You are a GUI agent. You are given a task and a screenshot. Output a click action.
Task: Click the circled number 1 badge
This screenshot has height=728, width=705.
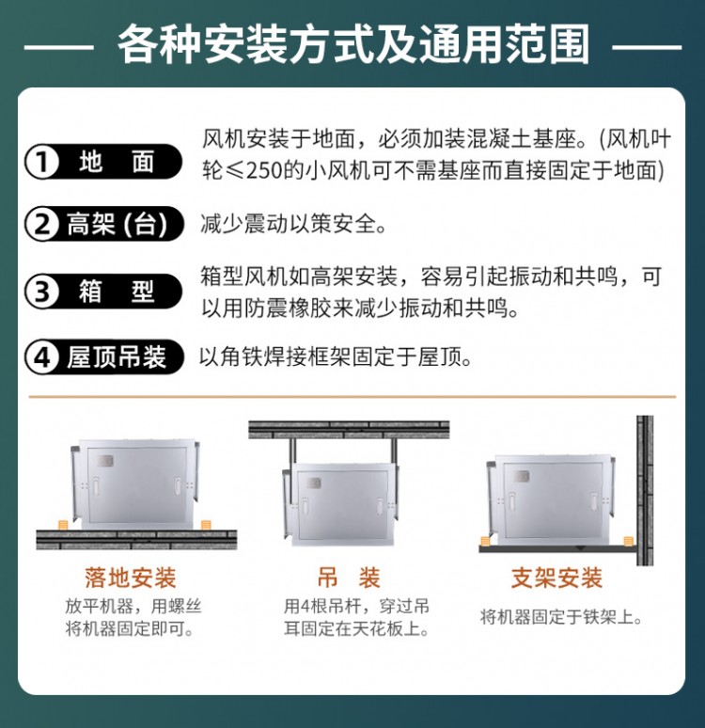click(x=42, y=162)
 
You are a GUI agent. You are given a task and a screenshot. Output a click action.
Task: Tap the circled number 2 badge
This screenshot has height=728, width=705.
click(x=42, y=224)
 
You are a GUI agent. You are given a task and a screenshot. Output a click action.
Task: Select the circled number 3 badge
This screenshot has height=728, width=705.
click(x=42, y=292)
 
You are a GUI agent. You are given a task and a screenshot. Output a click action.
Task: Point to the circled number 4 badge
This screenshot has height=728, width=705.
click(x=42, y=357)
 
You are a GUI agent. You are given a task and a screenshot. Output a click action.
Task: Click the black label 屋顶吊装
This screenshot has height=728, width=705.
click(x=116, y=357)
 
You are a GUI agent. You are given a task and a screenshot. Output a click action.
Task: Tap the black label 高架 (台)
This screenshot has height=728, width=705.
click(x=117, y=224)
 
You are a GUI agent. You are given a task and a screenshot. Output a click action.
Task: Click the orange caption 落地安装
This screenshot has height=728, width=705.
click(x=131, y=578)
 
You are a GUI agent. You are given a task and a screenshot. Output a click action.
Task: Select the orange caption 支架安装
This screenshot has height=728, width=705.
click(x=556, y=578)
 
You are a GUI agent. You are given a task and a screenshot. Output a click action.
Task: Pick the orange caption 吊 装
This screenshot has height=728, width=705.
click(x=349, y=578)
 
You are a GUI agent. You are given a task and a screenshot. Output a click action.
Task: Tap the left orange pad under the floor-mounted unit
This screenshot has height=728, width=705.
click(x=63, y=526)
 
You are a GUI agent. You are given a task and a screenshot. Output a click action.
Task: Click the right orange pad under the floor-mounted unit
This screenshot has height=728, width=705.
click(x=206, y=526)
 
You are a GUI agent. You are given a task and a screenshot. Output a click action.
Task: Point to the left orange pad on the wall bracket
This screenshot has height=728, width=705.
click(x=485, y=542)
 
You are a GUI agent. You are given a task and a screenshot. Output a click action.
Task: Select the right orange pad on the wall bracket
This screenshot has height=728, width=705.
click(x=629, y=542)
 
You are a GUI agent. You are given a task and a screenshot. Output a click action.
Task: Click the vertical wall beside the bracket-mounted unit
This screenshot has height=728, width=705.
click(x=645, y=490)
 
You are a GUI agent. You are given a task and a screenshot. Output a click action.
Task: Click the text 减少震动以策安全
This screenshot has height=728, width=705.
click(x=293, y=224)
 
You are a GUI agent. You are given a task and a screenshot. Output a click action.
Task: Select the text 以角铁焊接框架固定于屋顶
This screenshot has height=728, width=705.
click(x=335, y=357)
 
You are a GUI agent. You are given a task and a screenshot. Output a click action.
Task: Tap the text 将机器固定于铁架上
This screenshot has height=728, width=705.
click(x=561, y=618)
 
